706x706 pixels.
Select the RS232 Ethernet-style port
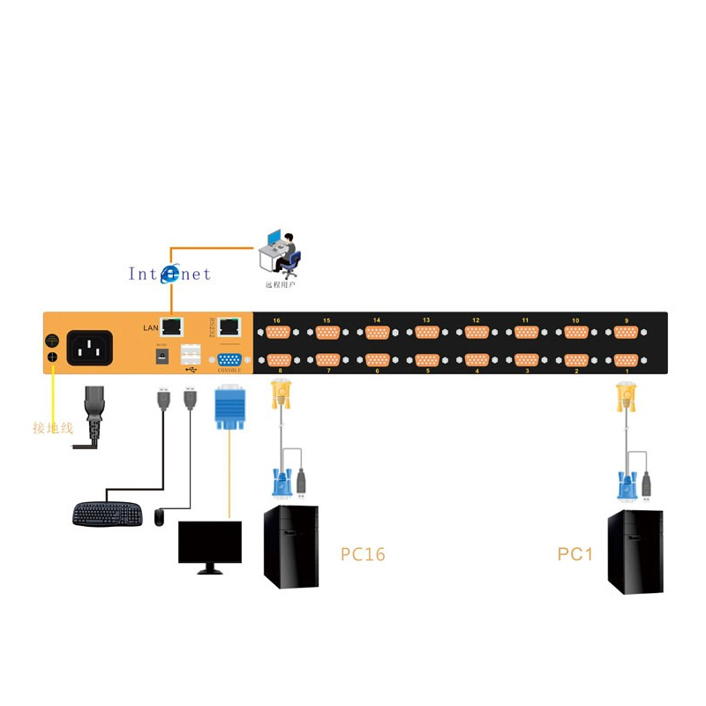230,326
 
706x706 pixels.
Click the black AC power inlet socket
90,348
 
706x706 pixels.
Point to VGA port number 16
278,332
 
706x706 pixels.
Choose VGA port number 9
626,332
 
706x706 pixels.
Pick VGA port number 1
626,361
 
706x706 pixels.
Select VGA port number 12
477,332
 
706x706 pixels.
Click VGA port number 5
427,361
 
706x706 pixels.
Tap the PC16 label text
363,554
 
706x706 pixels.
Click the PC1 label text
575,554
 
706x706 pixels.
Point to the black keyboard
107,514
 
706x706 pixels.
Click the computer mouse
159,517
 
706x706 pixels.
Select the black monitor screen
210,541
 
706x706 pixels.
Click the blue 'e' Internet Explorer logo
169,274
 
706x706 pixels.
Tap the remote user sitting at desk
282,253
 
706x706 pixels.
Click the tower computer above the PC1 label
635,551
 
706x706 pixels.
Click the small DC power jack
162,356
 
